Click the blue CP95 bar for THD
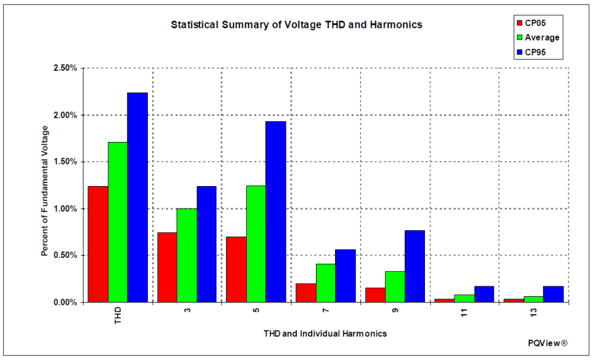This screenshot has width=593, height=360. point(137,197)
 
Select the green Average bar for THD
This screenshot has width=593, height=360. point(118,222)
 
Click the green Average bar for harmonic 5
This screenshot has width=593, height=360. point(256,243)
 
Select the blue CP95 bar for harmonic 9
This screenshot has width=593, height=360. point(414,266)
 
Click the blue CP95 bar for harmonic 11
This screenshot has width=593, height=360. point(483,294)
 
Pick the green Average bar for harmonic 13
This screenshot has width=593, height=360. point(533,299)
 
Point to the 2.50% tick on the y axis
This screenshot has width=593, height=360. point(66,68)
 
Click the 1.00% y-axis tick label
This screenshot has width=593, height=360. point(66,209)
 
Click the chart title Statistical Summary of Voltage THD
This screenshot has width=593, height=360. point(296,25)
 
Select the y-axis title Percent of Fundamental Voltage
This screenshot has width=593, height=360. point(45,191)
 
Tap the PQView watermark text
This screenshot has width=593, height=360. point(547,343)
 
